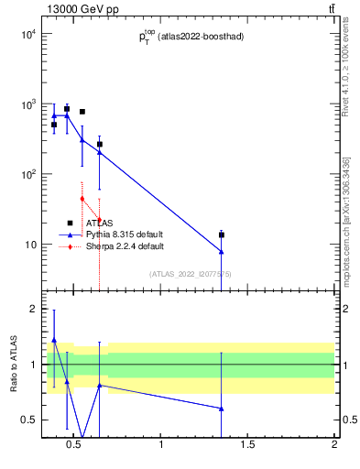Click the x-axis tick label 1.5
click(247, 446)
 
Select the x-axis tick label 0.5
click(75, 446)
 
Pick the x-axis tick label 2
click(333, 446)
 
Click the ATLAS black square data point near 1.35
click(222, 235)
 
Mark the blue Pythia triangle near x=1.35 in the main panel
click(222, 251)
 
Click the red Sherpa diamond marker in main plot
click(82, 198)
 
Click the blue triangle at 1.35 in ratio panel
click(222, 409)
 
